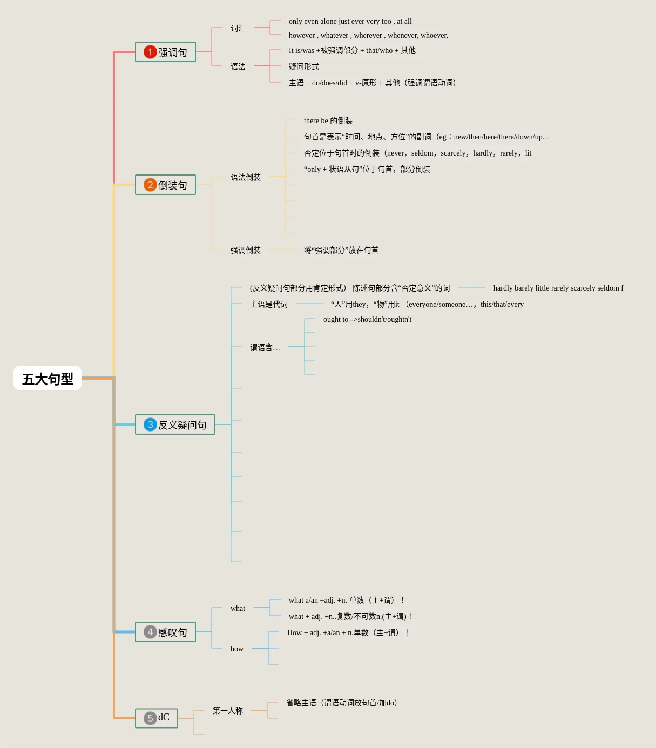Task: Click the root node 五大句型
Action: tap(48, 379)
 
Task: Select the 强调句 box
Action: tap(165, 52)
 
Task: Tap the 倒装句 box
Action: tap(165, 185)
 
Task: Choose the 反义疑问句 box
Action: tap(175, 425)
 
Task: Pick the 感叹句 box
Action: tap(165, 632)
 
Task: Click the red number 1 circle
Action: tap(150, 52)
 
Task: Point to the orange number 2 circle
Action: tap(150, 185)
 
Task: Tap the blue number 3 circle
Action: tap(150, 424)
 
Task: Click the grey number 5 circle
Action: tap(150, 718)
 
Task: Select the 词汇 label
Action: tap(238, 28)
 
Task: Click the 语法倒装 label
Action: tap(246, 177)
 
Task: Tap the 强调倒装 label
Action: tap(246, 250)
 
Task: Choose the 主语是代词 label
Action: tap(269, 304)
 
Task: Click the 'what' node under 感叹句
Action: tap(238, 608)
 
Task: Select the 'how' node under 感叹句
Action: tap(237, 649)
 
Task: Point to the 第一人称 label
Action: tap(228, 711)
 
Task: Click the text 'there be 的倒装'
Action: tap(328, 120)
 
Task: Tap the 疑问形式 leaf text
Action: tap(304, 66)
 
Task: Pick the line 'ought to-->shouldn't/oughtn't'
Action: tap(367, 319)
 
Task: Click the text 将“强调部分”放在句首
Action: tap(341, 250)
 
